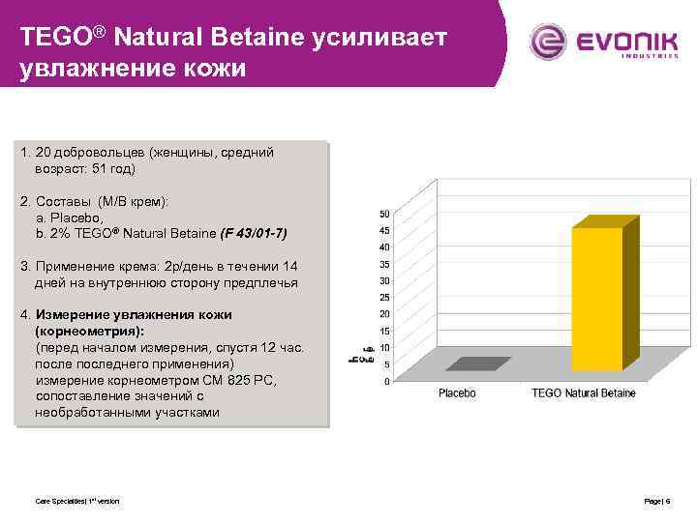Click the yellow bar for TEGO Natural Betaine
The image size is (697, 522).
596,300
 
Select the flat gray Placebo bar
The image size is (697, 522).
478,363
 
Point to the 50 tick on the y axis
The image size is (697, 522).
384,213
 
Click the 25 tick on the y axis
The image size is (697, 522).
384,297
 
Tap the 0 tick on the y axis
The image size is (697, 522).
387,381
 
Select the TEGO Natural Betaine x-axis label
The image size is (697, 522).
584,394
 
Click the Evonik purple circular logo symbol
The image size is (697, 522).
548,42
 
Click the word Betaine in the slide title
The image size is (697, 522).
272,38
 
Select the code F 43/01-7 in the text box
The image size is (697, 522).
254,234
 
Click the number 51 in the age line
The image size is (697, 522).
103,169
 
